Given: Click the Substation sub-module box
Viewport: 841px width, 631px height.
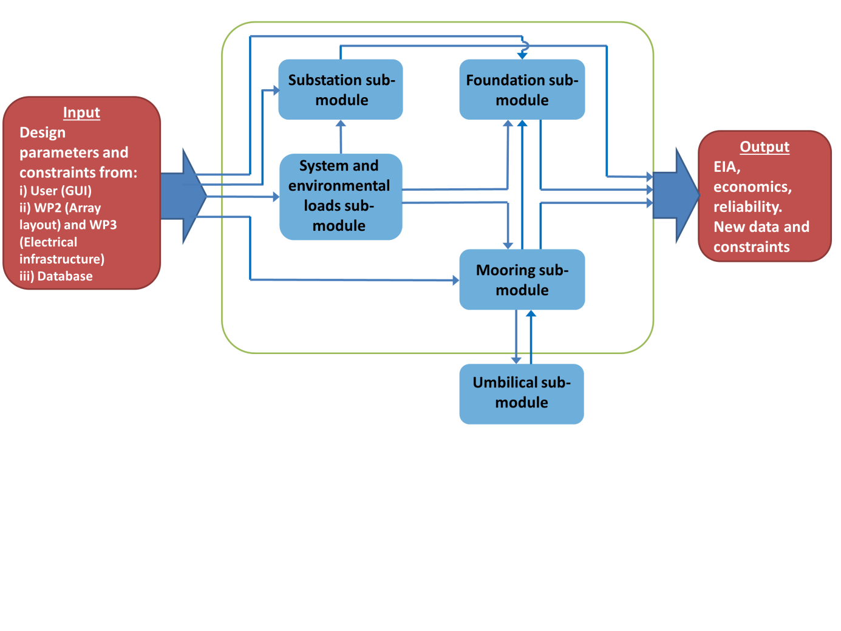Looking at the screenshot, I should [x=341, y=89].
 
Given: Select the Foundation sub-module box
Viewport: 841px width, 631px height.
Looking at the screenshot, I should [x=522, y=89].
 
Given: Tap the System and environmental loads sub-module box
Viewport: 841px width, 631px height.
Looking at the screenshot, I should [x=340, y=196].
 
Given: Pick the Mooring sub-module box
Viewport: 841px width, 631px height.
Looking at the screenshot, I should [x=522, y=279].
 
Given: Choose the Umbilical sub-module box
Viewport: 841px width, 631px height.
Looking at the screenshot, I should [x=521, y=393].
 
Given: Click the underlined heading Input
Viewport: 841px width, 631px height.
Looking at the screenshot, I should [x=81, y=113].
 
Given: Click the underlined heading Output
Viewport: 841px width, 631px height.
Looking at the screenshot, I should [x=764, y=147].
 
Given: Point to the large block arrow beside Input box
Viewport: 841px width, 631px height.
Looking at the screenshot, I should [x=186, y=196].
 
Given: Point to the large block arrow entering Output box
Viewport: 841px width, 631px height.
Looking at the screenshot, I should [x=678, y=196].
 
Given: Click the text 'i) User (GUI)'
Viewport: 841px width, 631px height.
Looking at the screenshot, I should [x=55, y=191].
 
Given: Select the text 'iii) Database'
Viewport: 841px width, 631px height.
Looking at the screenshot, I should [x=56, y=276].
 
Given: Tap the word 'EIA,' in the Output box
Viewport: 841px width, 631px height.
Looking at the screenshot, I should [x=727, y=167].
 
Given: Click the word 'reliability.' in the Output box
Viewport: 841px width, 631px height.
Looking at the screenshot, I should [x=747, y=207].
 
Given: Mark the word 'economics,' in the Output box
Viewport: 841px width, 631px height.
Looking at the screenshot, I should [x=752, y=187].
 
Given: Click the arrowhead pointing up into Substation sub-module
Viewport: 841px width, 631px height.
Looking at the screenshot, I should [x=341, y=124].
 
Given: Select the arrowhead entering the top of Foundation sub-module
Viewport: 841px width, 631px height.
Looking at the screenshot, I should [x=522, y=55].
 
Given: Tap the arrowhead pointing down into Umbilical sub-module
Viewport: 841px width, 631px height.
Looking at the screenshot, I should [x=516, y=360].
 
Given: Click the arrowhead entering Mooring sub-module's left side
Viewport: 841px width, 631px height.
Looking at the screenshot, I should [x=455, y=280].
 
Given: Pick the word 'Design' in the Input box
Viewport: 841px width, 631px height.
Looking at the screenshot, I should [x=43, y=133].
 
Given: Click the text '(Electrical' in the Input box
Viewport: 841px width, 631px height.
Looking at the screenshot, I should [x=48, y=242].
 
